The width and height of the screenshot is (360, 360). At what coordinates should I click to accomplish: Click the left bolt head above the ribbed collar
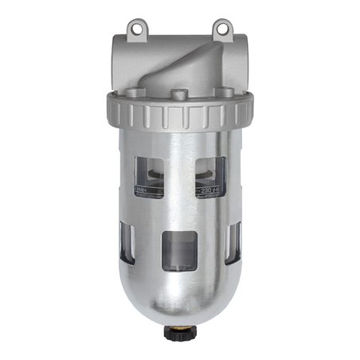tap(119, 100)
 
